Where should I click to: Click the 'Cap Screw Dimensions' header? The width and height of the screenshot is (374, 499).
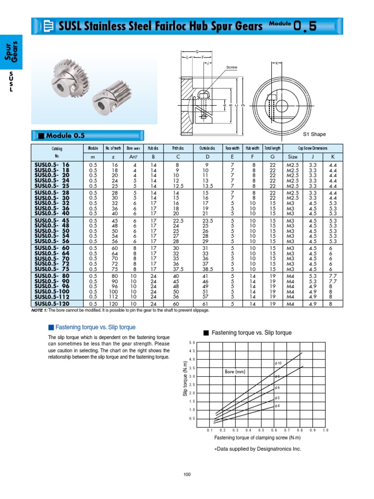click(313, 148)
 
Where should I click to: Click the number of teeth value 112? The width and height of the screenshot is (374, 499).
click(115, 296)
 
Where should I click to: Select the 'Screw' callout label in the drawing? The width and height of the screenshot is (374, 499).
click(231, 68)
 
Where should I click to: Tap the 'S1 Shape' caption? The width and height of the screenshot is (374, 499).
click(315, 134)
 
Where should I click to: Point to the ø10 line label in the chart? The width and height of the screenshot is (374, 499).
click(278, 364)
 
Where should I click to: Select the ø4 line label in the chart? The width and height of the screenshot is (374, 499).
click(277, 405)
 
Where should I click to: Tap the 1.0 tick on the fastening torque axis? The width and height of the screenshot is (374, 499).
click(325, 431)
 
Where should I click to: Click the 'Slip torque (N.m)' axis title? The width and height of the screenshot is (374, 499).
click(185, 385)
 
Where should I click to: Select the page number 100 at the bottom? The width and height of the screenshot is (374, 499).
click(187, 475)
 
